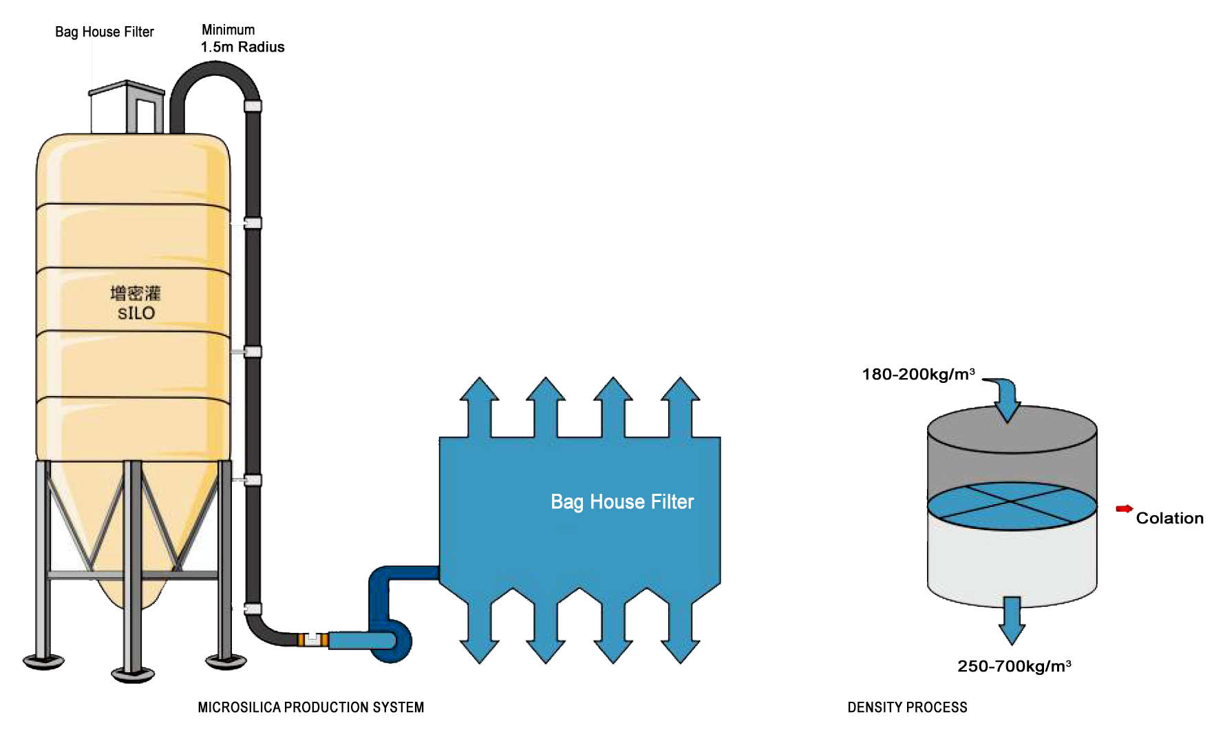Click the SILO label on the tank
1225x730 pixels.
(136, 313)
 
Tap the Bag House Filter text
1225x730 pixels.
(622, 501)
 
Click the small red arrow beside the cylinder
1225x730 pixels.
(1124, 509)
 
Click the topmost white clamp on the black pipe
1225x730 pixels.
(253, 106)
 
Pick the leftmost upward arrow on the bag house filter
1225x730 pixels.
(479, 406)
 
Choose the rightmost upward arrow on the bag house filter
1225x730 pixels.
(681, 406)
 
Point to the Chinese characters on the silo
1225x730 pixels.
(136, 293)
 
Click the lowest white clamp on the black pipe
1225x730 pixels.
(253, 609)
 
